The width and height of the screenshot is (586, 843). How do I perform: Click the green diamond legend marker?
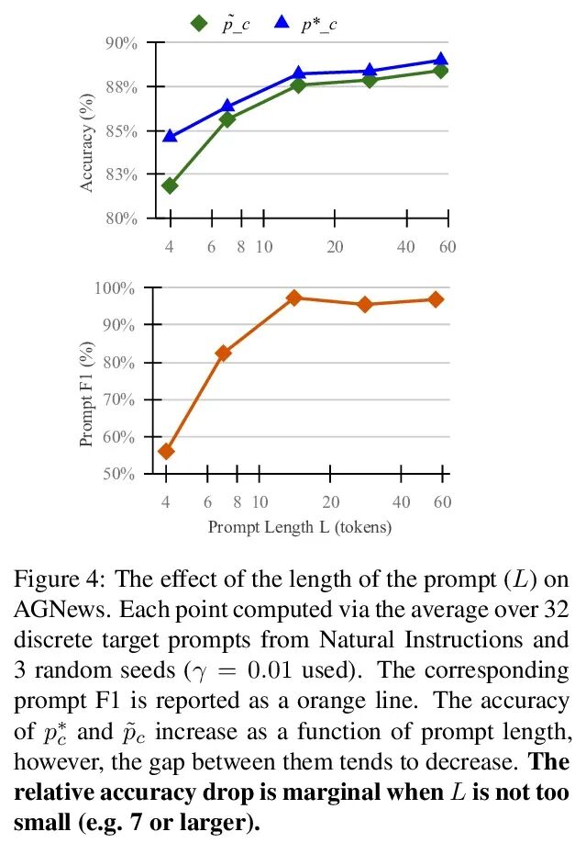pyautogui.click(x=199, y=22)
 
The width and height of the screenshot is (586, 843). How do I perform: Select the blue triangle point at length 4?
pyautogui.click(x=170, y=136)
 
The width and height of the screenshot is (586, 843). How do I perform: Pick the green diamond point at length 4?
pyautogui.click(x=170, y=185)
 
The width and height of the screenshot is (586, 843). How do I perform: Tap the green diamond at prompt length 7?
pyautogui.click(x=227, y=119)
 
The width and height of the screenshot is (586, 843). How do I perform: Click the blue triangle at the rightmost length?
pyautogui.click(x=441, y=60)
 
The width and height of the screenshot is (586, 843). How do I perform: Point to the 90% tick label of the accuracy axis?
pyautogui.click(x=120, y=43)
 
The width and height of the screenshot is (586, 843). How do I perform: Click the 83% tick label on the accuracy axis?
pyautogui.click(x=120, y=174)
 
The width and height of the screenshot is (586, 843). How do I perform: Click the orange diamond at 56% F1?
pyautogui.click(x=166, y=451)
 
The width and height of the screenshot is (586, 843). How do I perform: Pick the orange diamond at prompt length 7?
pyautogui.click(x=223, y=353)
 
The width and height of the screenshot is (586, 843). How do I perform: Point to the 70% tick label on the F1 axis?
pyautogui.click(x=120, y=399)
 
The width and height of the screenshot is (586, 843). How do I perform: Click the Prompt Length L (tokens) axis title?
pyautogui.click(x=300, y=527)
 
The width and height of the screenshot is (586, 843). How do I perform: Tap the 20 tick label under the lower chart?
pyautogui.click(x=331, y=502)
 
